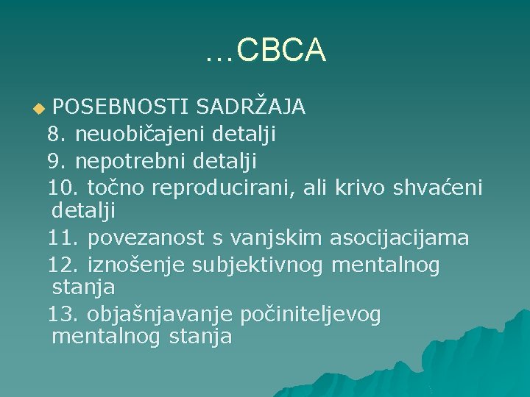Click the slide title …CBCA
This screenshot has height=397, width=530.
coord(265,50)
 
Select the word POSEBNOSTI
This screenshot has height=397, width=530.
coord(121,107)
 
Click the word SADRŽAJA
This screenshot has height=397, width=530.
coord(250,107)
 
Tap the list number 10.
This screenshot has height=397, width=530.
coord(61,187)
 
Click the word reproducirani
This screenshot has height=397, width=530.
coord(224,187)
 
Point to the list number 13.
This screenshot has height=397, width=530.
coord(61,315)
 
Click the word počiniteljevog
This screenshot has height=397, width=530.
coord(310,315)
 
